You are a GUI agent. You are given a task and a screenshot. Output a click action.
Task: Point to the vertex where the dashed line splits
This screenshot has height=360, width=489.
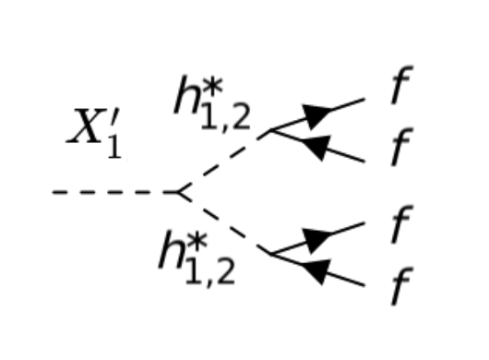[177, 192]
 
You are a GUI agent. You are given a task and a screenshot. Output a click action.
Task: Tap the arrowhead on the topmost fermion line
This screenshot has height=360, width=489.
[316, 116]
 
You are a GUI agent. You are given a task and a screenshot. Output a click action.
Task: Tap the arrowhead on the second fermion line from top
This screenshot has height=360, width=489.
[316, 147]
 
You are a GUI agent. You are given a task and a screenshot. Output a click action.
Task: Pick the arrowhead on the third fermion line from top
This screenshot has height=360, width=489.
[316, 237]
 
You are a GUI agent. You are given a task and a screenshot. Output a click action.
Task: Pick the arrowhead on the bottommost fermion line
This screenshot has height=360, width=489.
[316, 270]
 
